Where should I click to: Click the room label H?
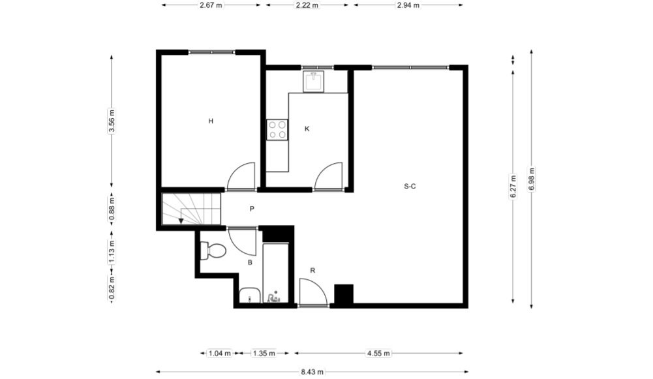point(211,121)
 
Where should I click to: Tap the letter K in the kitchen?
point(307,129)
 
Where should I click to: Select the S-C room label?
point(410,186)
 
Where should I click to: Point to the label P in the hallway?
point(252,209)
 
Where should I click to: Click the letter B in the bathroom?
point(250,262)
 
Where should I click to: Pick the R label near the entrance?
point(312,271)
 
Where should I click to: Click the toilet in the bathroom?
point(213,250)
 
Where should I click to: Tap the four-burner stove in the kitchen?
point(277,130)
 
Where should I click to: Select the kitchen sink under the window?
point(313,81)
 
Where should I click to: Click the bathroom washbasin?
point(250,295)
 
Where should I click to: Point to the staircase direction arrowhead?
point(181,220)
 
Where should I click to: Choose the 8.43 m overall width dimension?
point(312,372)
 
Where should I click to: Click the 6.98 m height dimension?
point(532,179)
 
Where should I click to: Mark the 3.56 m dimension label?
point(111,121)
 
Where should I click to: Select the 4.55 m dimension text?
point(378,353)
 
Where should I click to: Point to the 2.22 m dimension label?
point(307,5)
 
